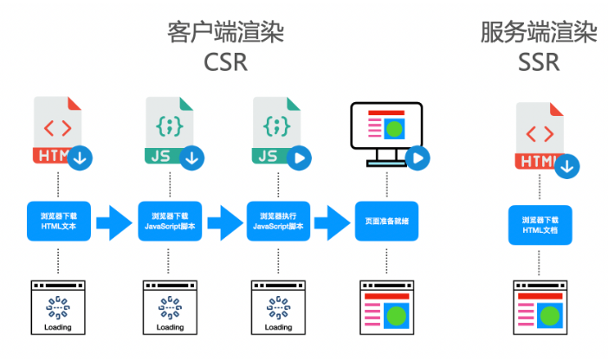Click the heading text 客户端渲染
[x=226, y=33]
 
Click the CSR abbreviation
[x=226, y=62]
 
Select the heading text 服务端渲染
[x=539, y=33]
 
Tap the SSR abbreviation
[x=539, y=62]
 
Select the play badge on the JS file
[x=300, y=158]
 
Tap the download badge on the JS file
[x=191, y=158]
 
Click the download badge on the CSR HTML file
[x=82, y=158]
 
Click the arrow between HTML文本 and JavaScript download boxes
[x=114, y=222]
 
